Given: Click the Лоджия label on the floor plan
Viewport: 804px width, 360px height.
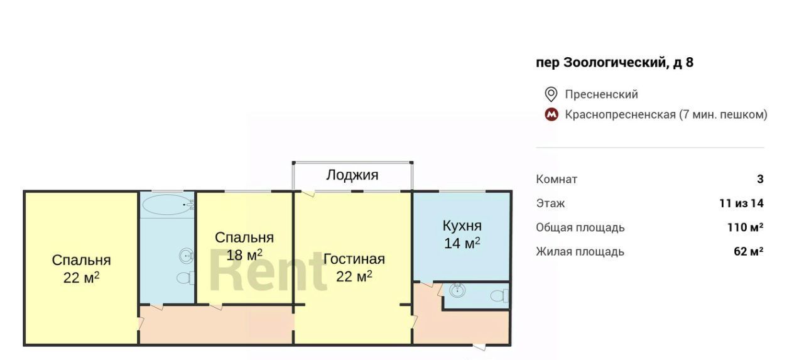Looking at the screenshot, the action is coord(352,175).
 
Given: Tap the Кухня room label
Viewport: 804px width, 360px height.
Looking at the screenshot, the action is coord(462,226).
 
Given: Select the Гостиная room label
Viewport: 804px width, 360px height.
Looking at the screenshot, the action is coord(354,259).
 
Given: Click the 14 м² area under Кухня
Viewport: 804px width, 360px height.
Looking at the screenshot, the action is coord(462,243).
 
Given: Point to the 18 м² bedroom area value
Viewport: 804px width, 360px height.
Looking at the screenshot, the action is coord(244,255).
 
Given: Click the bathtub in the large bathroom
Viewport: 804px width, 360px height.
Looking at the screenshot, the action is coord(168,205).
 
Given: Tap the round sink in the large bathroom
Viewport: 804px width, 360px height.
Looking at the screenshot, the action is coord(187,256).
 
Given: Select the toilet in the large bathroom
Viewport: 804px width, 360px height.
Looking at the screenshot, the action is coord(185,278).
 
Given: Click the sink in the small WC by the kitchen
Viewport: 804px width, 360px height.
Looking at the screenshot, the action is coord(457,290).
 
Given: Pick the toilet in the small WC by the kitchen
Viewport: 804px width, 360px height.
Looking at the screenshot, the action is coord(499,296).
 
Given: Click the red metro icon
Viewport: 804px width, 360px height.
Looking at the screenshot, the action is coord(551,114).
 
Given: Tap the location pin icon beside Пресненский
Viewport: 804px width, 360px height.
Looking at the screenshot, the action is coord(551,94).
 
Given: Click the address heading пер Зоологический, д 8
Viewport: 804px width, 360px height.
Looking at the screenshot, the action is coord(614,62).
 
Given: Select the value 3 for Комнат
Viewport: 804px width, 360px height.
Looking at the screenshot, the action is coord(760,179).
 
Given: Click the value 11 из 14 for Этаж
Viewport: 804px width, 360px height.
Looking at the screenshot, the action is coord(741,204).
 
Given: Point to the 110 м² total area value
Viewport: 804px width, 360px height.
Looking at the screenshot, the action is coord(745,227).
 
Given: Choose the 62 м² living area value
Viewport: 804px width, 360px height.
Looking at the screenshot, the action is coord(748,251).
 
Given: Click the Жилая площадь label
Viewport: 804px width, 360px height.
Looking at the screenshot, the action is coord(580,252).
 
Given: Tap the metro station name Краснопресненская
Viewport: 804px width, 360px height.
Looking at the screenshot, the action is coord(620,114).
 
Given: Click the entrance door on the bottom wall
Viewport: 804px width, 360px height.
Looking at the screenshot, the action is coord(479,347).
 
